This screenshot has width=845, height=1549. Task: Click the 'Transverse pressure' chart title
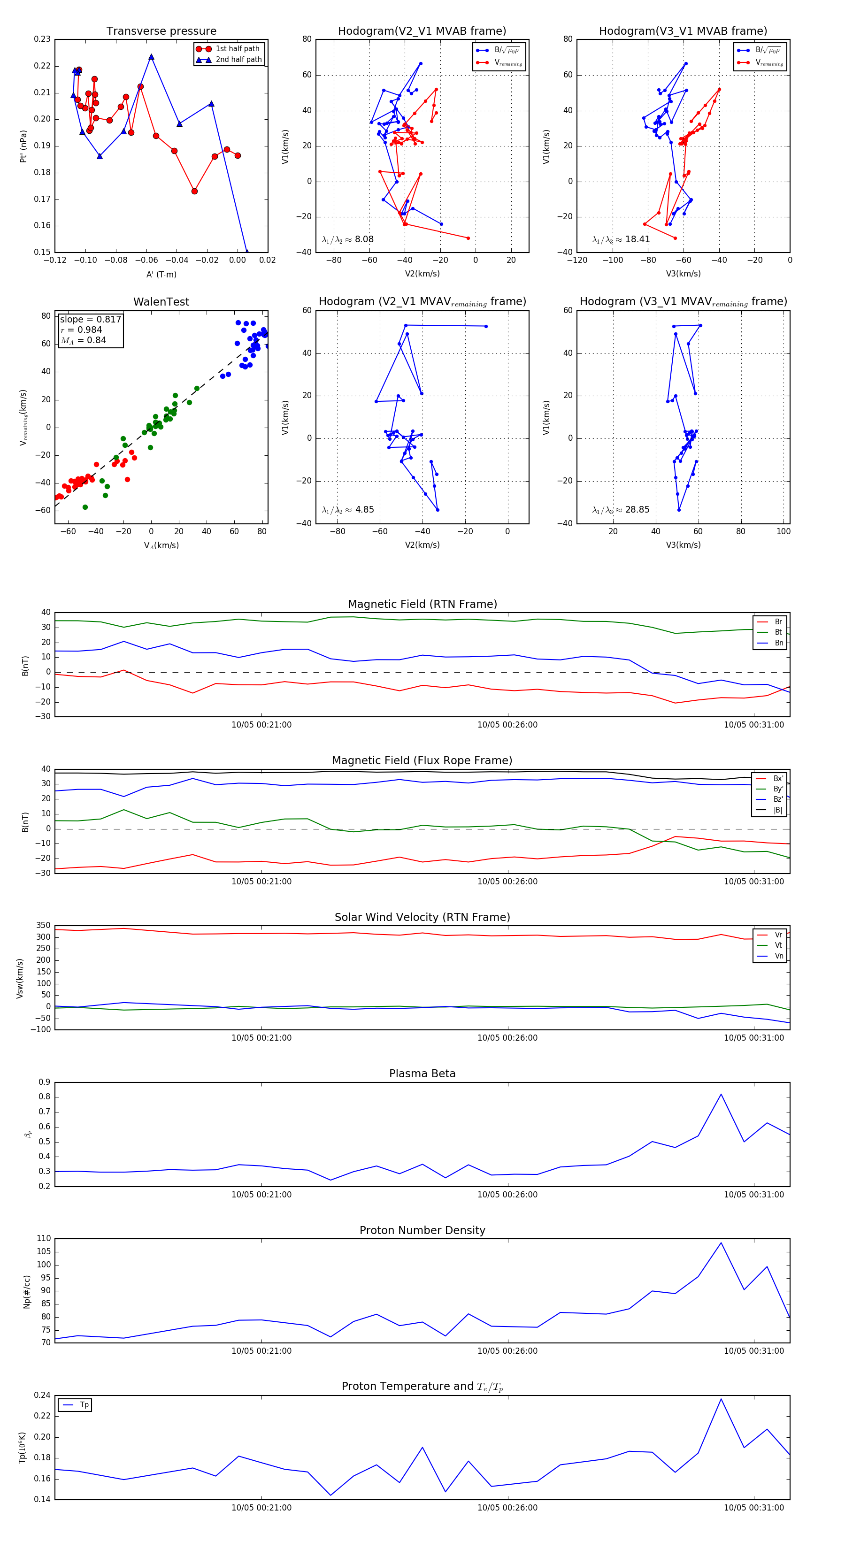[161, 31]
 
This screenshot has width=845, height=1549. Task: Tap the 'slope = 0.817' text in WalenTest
[90, 319]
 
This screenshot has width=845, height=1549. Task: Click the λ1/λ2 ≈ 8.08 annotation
[347, 239]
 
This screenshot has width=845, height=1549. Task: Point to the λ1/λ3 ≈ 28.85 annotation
[621, 510]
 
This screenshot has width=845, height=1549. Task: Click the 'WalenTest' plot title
[161, 302]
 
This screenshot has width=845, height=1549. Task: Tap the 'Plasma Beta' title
[422, 1074]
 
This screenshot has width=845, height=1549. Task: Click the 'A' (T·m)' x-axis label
[161, 274]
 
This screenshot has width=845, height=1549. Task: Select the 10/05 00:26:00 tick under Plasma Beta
[507, 1195]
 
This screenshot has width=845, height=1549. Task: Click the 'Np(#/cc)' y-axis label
[26, 1292]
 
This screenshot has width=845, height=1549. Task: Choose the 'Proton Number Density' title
[422, 1230]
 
